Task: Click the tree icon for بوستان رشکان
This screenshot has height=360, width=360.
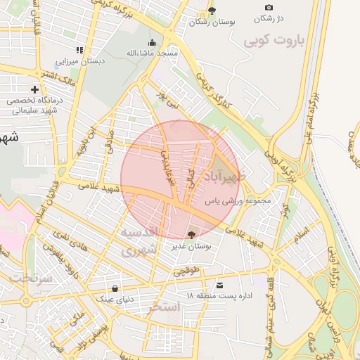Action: (x=212, y=11)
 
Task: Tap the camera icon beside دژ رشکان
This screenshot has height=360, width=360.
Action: (x=269, y=7)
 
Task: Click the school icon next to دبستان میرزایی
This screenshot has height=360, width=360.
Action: (x=79, y=50)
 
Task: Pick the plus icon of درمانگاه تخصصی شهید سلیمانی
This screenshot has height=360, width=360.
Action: (x=35, y=89)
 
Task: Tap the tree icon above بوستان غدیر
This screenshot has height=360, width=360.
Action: (x=192, y=234)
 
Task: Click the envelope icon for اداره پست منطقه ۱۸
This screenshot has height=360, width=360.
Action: (x=221, y=285)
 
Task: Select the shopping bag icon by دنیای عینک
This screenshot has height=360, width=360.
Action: (x=115, y=288)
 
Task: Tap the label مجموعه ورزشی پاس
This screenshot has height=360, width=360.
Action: (x=238, y=201)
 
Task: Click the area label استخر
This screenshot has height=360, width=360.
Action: (x=166, y=307)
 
